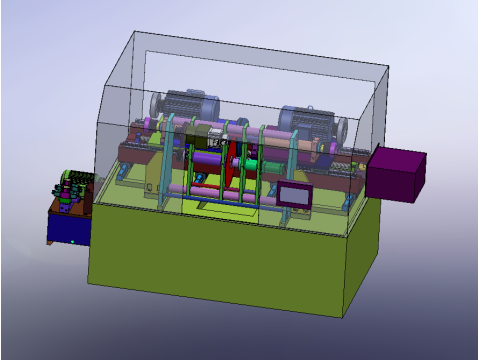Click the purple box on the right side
(x=397, y=174)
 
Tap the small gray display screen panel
(x=297, y=195)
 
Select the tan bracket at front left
(x=151, y=180)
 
